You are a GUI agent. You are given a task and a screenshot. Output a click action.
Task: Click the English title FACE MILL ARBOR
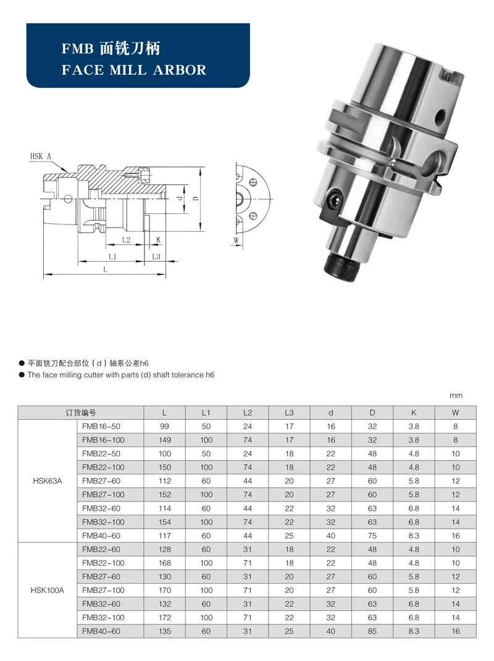pyautogui.click(x=134, y=69)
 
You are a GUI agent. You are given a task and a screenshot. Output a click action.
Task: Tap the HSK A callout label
pyautogui.click(x=41, y=156)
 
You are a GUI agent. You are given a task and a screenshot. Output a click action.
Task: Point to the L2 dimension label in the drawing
pyautogui.click(x=126, y=239)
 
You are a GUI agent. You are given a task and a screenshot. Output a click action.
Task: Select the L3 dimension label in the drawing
pyautogui.click(x=156, y=256)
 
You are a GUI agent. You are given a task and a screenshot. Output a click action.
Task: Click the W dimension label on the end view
pyautogui.click(x=236, y=239)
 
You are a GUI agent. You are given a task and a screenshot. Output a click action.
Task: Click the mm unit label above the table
pyautogui.click(x=456, y=396)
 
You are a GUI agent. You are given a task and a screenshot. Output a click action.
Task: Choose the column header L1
pyautogui.click(x=206, y=412)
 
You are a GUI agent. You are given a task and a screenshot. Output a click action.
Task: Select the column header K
pyautogui.click(x=414, y=412)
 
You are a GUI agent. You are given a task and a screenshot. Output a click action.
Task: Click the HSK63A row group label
pyautogui.click(x=47, y=481)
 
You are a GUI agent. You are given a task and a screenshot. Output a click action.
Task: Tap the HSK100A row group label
pyautogui.click(x=47, y=591)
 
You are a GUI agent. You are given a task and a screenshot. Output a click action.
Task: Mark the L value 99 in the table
pyautogui.click(x=164, y=427)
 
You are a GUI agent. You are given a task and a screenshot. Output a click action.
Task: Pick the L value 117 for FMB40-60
pyautogui.click(x=164, y=536)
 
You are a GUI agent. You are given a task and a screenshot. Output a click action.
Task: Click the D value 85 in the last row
pyautogui.click(x=372, y=631)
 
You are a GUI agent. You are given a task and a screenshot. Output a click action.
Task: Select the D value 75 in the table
pyautogui.click(x=372, y=536)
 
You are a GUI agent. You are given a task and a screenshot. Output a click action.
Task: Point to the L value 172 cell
pyautogui.click(x=164, y=618)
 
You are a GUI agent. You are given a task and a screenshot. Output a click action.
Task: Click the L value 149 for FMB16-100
pyautogui.click(x=164, y=440)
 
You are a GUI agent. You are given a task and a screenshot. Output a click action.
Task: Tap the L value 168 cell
pyautogui.click(x=164, y=563)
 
